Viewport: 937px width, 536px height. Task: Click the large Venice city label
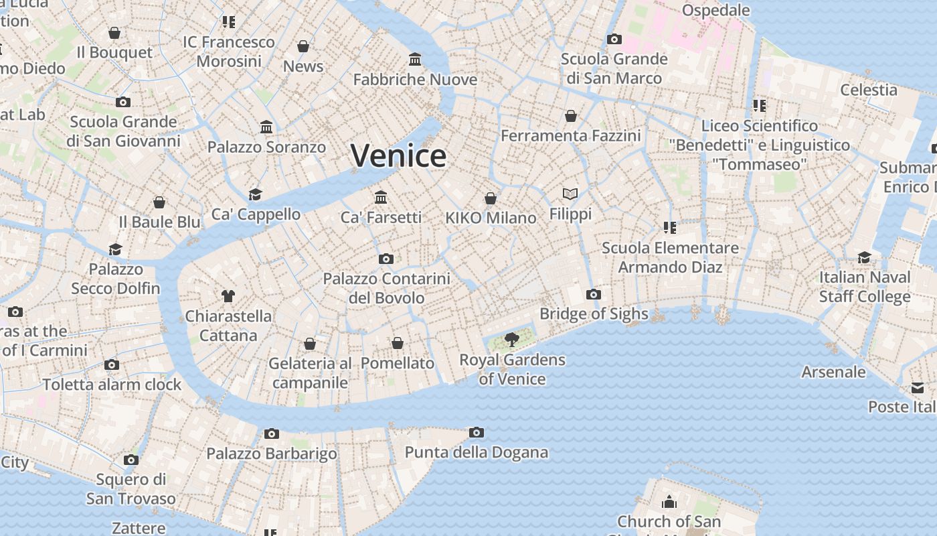[398, 156]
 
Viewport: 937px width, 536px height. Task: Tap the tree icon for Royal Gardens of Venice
[512, 340]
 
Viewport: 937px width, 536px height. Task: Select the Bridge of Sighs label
[594, 314]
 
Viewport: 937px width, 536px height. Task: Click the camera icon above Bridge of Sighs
[593, 294]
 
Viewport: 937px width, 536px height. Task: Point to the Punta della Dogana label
[476, 452]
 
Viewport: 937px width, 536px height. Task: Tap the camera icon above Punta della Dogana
[476, 432]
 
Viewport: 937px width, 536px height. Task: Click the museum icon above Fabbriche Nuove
[415, 60]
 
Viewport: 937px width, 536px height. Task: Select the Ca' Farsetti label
[381, 217]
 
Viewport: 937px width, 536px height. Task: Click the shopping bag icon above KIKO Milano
[491, 198]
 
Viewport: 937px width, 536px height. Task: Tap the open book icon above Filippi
[570, 194]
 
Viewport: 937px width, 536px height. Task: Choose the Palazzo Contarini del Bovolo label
[386, 288]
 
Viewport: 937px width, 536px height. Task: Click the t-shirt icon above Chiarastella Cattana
[228, 295]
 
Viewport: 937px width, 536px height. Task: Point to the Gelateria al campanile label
[310, 373]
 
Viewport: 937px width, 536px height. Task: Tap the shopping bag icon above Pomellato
[398, 343]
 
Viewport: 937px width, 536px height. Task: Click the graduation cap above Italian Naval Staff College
[865, 258]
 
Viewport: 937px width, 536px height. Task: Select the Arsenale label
[833, 372]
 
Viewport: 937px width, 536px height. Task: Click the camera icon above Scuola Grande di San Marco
[614, 40]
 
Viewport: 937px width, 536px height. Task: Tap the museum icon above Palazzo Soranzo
[266, 127]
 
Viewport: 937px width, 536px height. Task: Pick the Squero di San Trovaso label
[131, 489]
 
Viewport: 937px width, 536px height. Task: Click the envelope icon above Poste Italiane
[917, 388]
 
